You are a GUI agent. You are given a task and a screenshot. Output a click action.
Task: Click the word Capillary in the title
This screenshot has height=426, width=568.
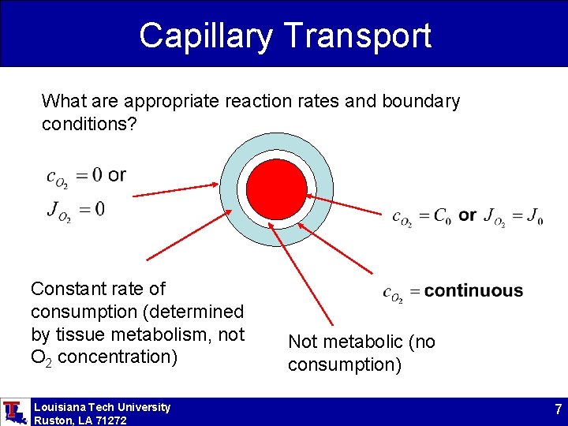coord(204,35)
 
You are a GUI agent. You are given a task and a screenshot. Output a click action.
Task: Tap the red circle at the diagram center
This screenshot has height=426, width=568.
coord(276,189)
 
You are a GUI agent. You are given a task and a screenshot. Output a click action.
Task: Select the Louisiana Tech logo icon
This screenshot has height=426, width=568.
coord(13,412)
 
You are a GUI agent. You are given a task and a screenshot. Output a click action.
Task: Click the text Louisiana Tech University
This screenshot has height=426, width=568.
coord(102,407)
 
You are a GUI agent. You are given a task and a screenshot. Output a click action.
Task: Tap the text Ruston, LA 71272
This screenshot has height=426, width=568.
coord(80,420)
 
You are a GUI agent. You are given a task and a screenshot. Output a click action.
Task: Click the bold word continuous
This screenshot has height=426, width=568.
coord(473,291)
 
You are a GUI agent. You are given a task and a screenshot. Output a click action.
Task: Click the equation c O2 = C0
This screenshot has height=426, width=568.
coord(422,216)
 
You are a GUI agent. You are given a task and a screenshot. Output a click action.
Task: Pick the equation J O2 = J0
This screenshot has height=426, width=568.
coord(513,216)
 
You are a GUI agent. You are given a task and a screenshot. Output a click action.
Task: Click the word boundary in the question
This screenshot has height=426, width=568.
coord(420,101)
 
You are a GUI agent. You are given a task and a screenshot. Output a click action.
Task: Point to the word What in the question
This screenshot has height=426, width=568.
coord(61,101)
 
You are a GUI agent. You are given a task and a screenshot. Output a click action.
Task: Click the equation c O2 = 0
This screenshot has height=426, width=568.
coord(74,176)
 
